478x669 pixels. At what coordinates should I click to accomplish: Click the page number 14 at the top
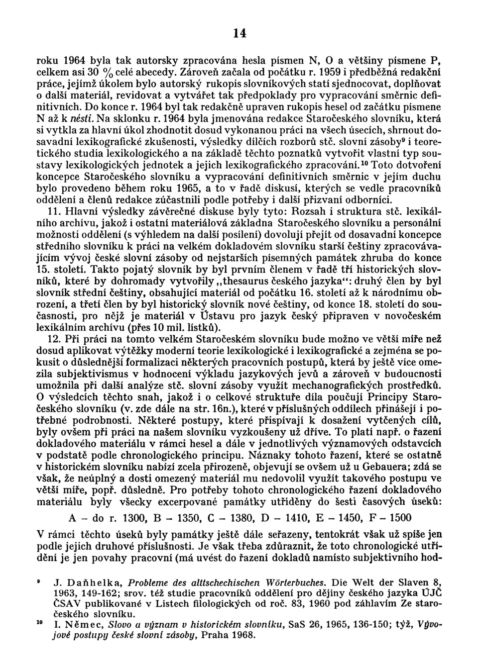(x=240, y=33)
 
